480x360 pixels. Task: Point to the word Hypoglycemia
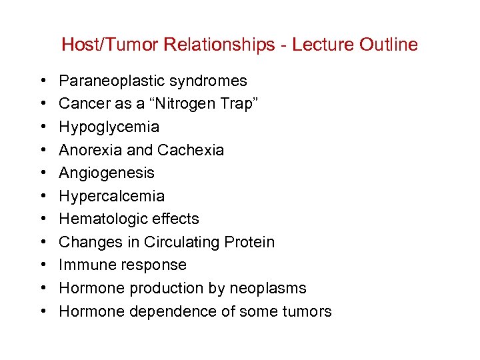(109, 127)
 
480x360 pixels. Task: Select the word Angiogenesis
(107, 173)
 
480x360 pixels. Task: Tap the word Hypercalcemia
(111, 196)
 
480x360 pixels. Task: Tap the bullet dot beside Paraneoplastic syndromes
(43, 81)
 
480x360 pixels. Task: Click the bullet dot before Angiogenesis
(43, 173)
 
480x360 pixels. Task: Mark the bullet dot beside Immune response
(43, 265)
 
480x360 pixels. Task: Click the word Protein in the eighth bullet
(249, 242)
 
